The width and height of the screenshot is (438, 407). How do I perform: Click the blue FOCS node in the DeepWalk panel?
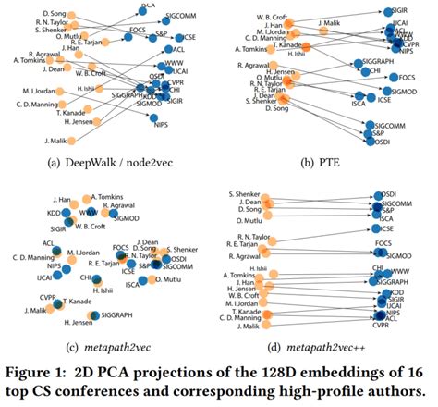tap(131, 39)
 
